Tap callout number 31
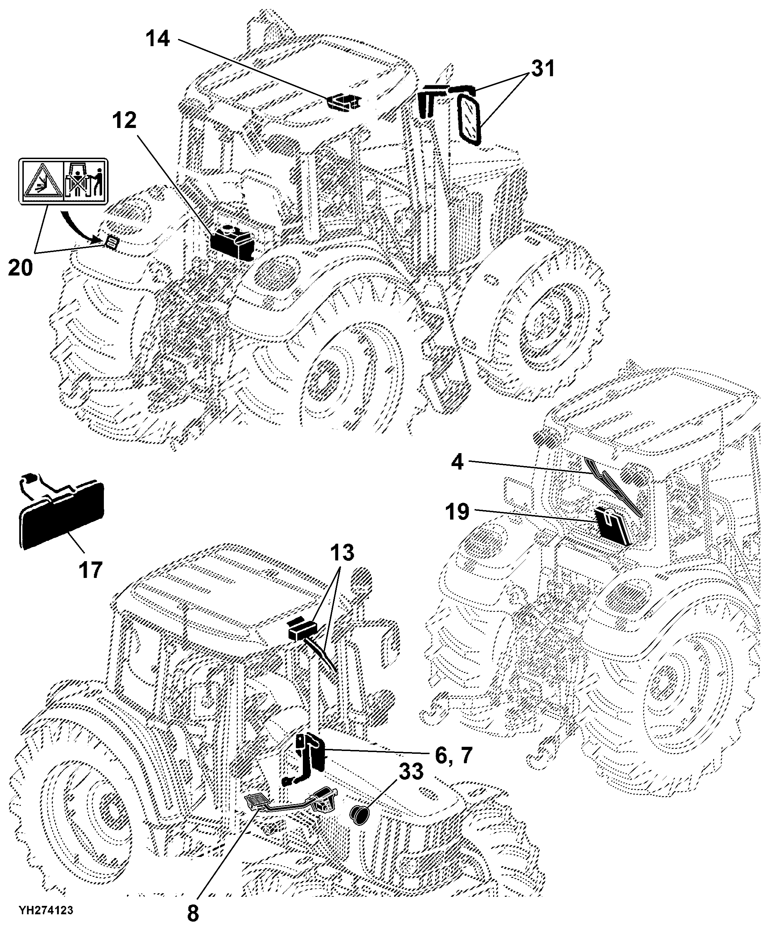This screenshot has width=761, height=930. [x=543, y=69]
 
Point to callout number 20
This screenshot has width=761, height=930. [x=21, y=267]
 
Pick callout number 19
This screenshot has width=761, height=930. [x=457, y=511]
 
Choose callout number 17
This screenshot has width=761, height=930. [x=91, y=570]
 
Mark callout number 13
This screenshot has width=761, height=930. [x=342, y=553]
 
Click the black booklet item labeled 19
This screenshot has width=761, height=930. [x=613, y=525]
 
